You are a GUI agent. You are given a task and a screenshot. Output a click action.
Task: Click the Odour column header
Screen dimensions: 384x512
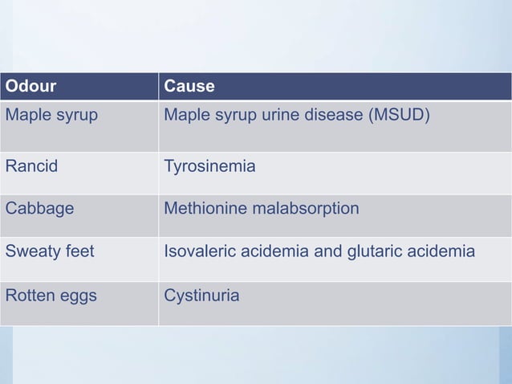point(31,86)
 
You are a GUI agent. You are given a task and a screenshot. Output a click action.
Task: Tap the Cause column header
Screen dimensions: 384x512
point(189,86)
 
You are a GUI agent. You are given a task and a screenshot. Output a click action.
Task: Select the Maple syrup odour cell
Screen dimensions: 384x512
point(51,115)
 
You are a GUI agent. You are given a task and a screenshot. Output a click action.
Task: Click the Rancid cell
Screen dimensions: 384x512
point(31,167)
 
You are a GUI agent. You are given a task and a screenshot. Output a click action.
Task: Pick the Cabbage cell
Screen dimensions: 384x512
point(39,209)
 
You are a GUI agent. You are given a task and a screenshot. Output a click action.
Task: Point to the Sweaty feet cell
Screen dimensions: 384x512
point(50,251)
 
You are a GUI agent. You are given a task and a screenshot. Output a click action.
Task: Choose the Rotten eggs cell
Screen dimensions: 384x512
point(51,296)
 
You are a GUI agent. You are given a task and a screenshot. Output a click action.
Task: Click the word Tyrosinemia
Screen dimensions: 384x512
point(209,167)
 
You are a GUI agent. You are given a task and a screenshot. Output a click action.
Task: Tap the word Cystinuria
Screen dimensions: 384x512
point(201,296)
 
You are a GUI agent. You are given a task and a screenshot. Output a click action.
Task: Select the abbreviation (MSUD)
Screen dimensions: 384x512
point(400,115)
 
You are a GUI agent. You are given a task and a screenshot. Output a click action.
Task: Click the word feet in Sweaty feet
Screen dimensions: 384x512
point(79,251)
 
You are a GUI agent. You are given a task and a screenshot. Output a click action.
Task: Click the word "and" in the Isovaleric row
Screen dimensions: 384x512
point(327,251)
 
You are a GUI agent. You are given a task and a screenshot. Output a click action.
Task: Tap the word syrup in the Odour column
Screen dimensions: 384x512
point(77,115)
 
